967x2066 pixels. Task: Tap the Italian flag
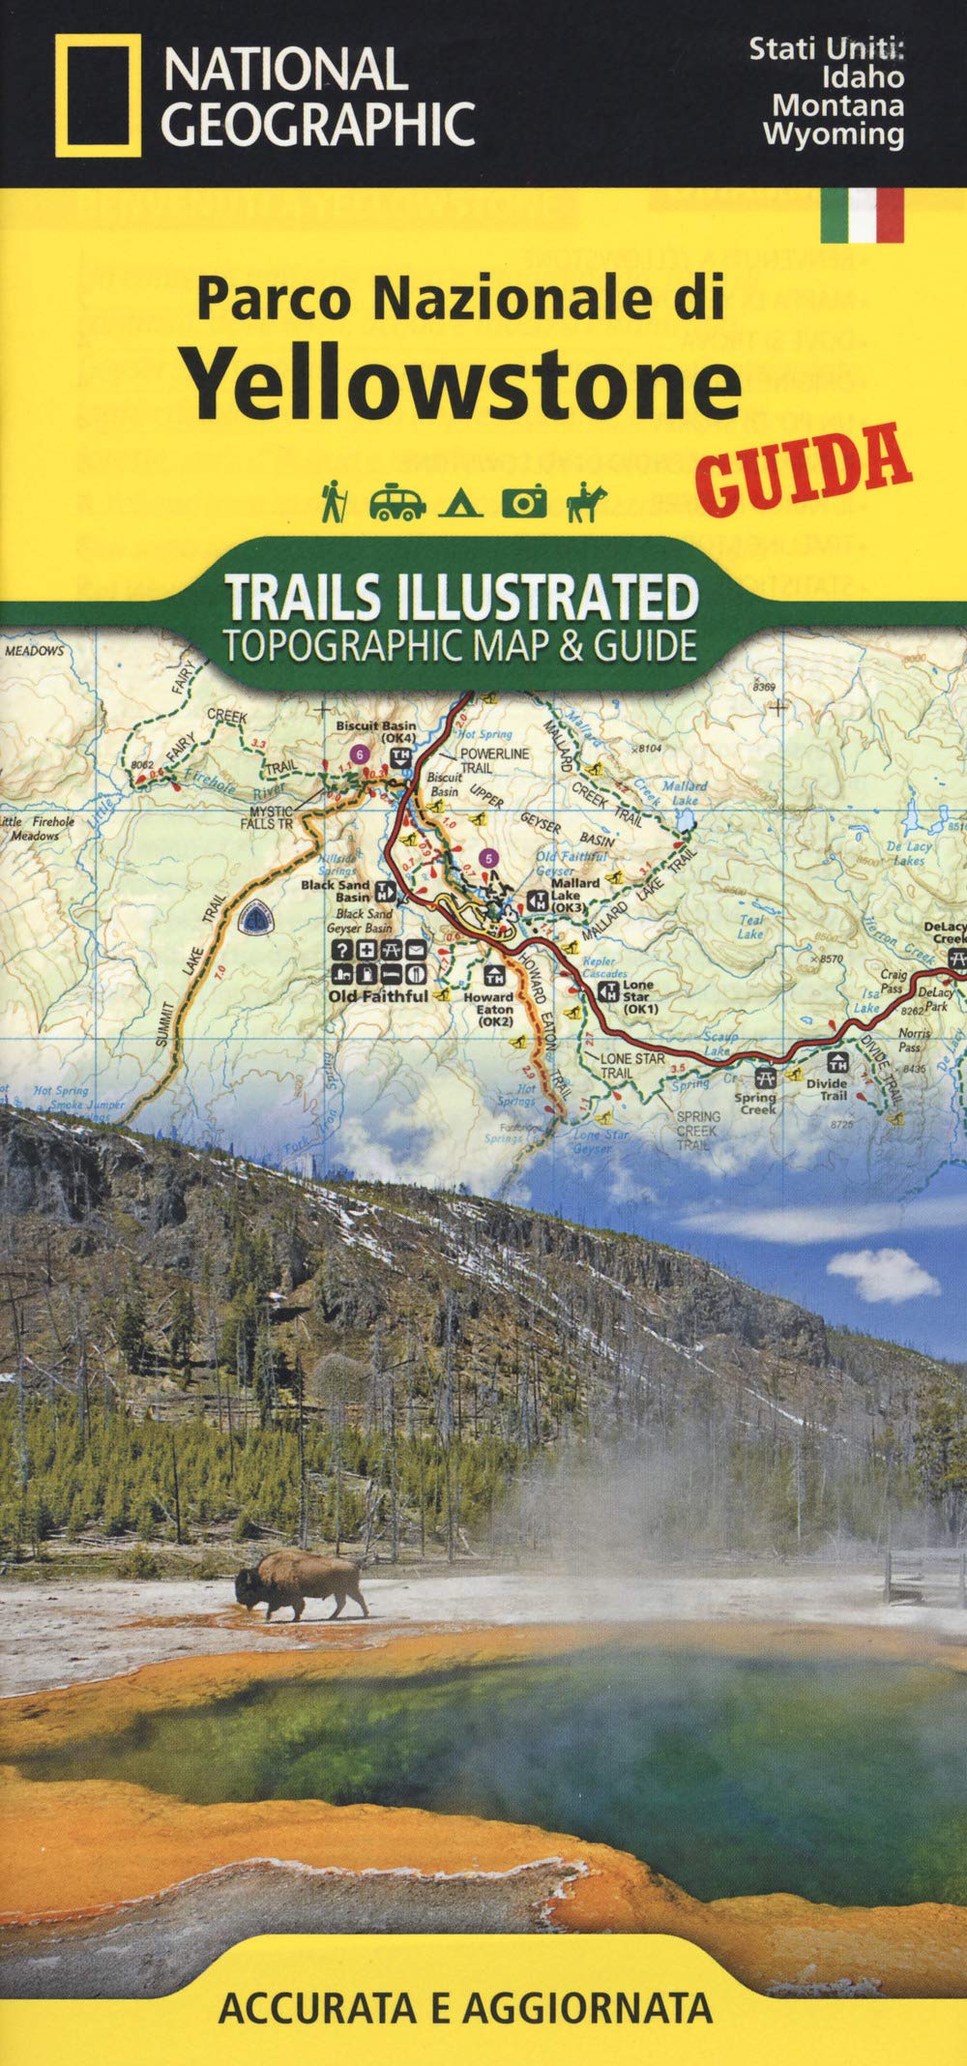[862, 214]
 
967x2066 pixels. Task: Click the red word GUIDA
[804, 470]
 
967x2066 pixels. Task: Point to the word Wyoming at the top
[833, 133]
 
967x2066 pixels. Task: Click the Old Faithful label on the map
[377, 995]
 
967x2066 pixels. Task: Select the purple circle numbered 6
[359, 753]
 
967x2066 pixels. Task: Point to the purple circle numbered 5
[490, 857]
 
